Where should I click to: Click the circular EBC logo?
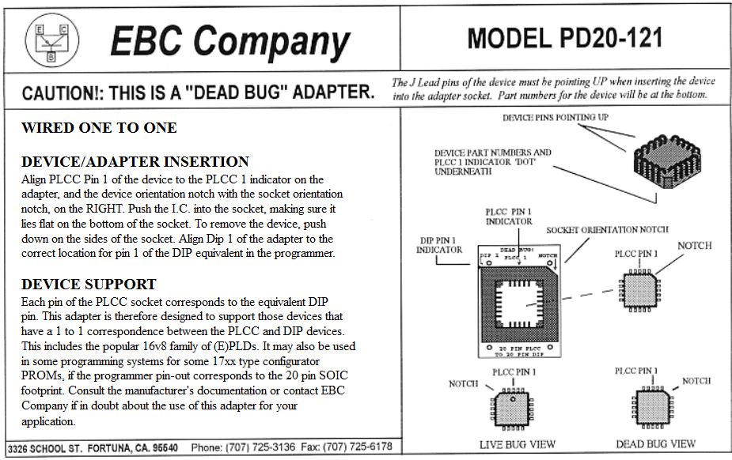tap(52, 41)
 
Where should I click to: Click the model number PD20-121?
tap(564, 37)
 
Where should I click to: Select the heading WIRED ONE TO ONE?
tap(99, 128)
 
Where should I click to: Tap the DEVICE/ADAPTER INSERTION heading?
tap(135, 162)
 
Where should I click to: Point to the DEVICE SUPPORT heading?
tap(89, 285)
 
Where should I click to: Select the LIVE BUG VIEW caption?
tap(518, 444)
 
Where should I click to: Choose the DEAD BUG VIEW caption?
tap(655, 444)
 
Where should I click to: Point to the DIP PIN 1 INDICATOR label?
tap(439, 244)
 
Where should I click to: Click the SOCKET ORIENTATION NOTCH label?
tap(607, 229)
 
